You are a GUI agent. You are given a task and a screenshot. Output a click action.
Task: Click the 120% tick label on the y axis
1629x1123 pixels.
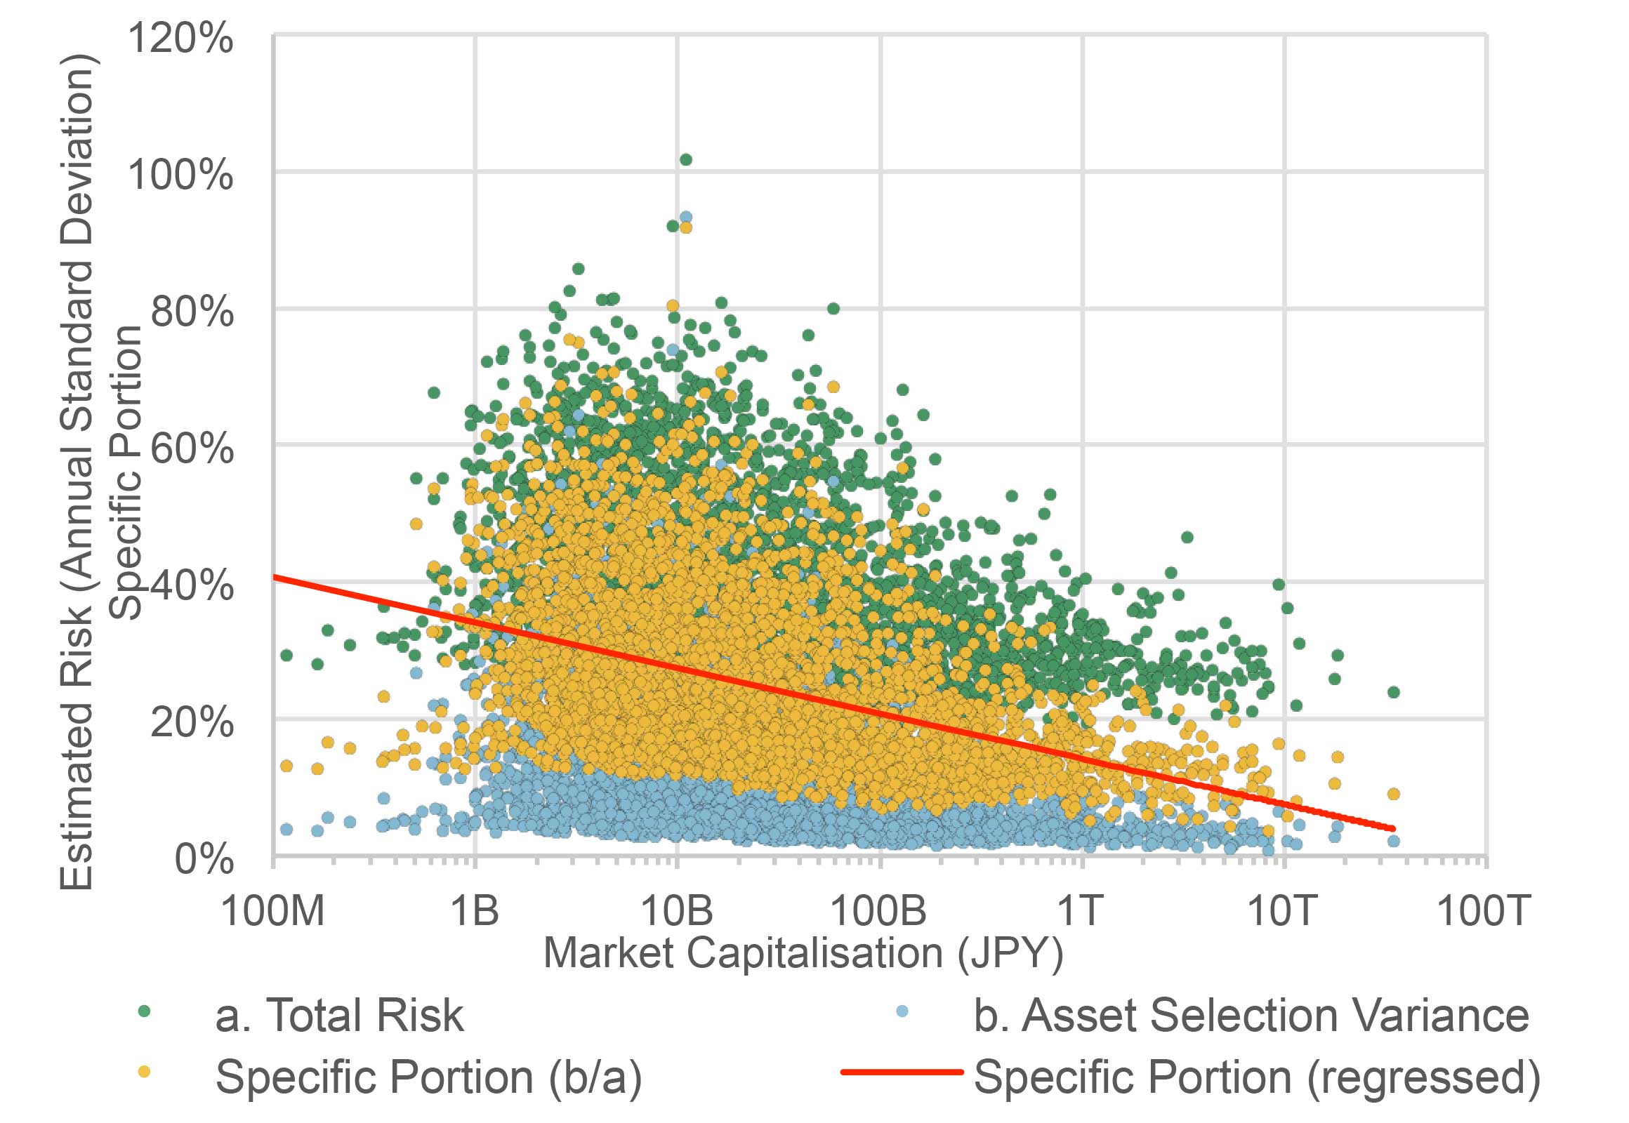coord(180,38)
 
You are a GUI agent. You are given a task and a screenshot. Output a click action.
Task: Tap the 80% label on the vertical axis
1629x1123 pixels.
coord(192,311)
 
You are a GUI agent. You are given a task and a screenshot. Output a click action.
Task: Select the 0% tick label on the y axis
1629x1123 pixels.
coord(204,858)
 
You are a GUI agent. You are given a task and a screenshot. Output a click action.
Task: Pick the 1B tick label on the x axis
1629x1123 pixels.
coord(475,910)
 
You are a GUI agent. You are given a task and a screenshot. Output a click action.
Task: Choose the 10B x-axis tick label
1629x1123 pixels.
coord(676,910)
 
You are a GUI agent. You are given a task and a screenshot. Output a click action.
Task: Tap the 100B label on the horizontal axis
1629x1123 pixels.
coord(878,910)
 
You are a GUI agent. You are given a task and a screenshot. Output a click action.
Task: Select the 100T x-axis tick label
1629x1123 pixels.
coord(1483,910)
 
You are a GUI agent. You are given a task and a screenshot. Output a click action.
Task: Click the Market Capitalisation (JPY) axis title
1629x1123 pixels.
coord(803,953)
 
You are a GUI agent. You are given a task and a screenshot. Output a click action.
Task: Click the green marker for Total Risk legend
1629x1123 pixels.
coord(145,1012)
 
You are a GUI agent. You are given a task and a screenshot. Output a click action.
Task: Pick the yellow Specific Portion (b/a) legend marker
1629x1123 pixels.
coord(145,1072)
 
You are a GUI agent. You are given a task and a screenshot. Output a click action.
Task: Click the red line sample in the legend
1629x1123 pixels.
coord(901,1072)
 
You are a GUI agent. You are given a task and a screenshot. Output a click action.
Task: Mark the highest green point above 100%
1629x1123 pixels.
coord(686,160)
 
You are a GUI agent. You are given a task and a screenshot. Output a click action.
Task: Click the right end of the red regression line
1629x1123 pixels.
coord(1392,829)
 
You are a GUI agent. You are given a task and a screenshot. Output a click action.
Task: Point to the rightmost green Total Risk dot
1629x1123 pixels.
coord(1393,692)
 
